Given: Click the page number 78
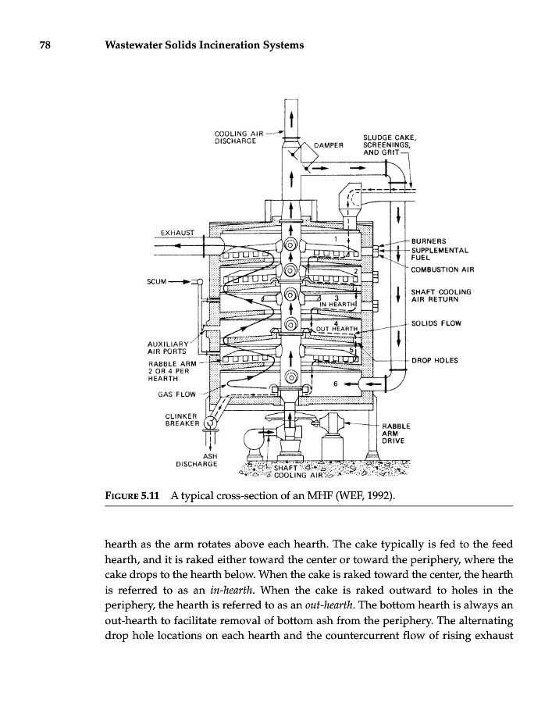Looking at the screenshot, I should pos(46,45).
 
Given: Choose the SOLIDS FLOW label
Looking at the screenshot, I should pos(436,323).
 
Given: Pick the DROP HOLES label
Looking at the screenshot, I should pos(436,361).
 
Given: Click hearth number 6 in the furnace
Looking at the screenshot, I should pos(334,384).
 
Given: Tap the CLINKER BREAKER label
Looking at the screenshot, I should pos(182,420).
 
